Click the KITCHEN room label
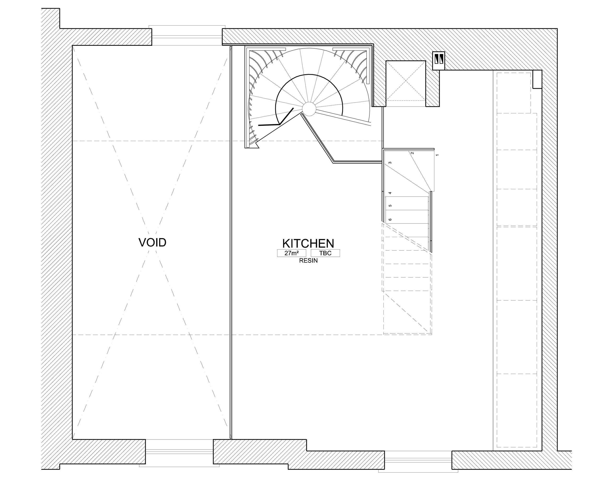click(308, 244)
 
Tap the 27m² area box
click(291, 253)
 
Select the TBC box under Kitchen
click(325, 253)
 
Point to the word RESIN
click(308, 261)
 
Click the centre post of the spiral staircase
click(309, 108)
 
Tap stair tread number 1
click(437, 155)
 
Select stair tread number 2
click(412, 153)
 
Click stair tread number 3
click(390, 163)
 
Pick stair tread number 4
click(390, 193)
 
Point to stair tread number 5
click(390, 206)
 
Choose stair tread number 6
click(390, 220)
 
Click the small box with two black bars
click(439, 61)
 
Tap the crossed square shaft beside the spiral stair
click(406, 81)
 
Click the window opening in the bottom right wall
click(418, 461)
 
